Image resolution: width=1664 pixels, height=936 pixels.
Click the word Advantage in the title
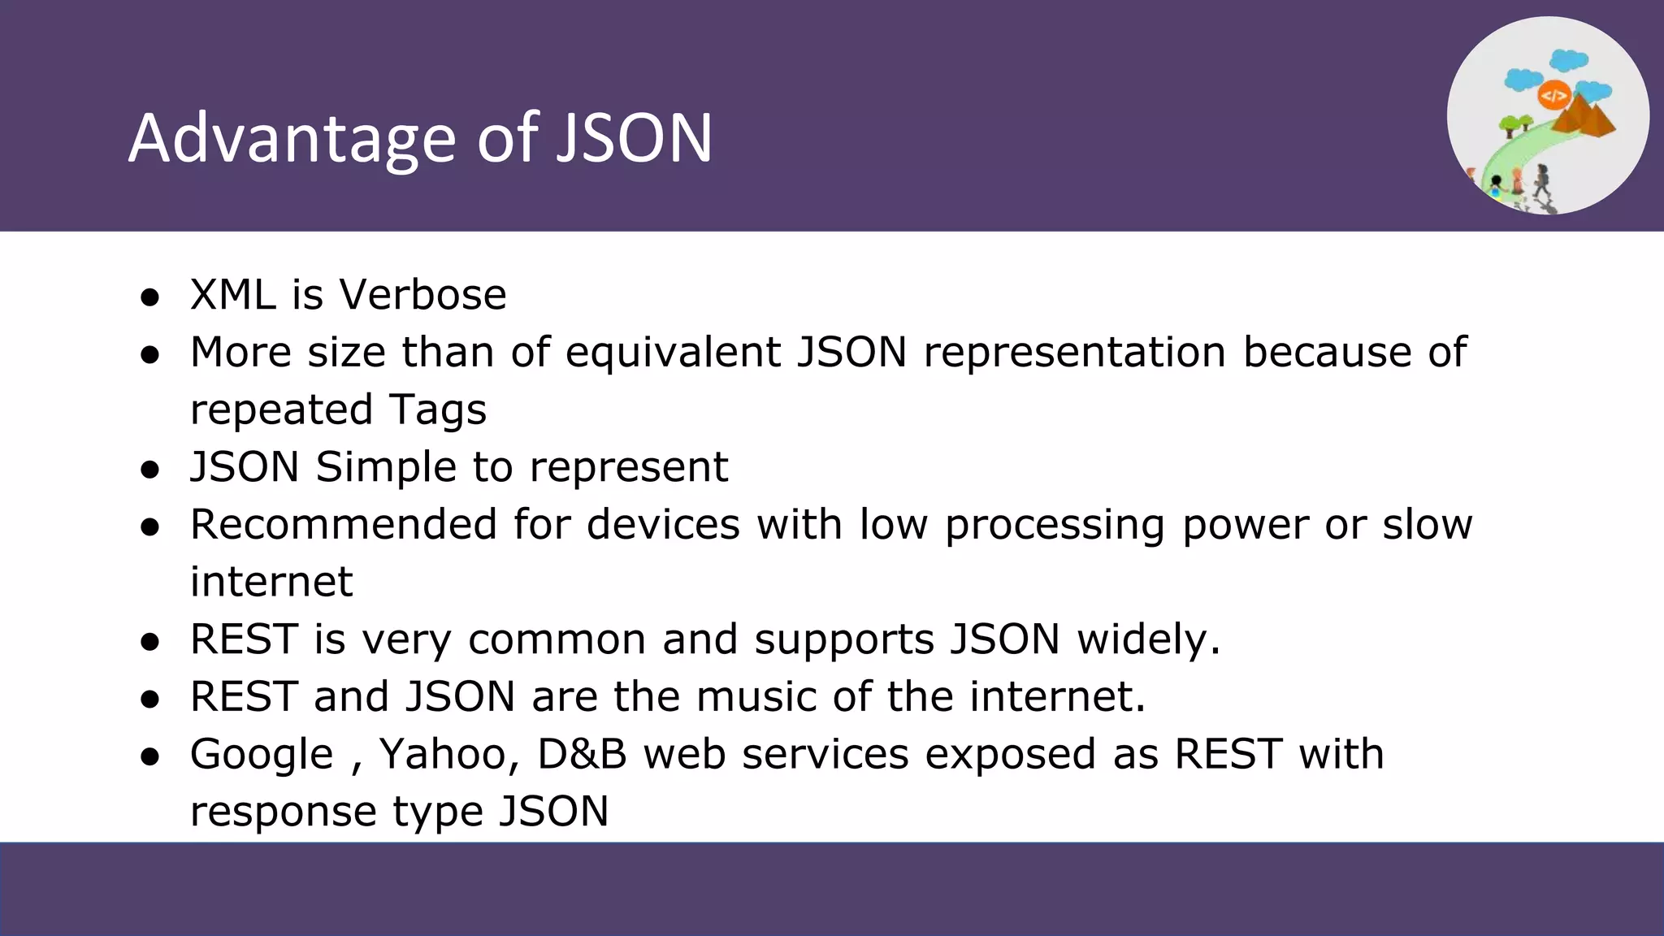292,138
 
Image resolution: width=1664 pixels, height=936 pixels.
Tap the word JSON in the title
634,138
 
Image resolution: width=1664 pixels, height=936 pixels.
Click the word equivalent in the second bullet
673,352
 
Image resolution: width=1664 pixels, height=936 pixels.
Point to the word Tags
437,409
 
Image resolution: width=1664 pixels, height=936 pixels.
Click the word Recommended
343,524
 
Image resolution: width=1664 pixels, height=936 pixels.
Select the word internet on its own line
271,582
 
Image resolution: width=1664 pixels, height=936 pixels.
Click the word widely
1149,639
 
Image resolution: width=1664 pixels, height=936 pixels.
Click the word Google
262,755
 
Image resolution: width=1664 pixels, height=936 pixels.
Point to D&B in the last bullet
582,754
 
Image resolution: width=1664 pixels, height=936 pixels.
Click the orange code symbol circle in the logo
1553,96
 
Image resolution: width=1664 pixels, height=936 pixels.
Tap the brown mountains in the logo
1584,118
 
